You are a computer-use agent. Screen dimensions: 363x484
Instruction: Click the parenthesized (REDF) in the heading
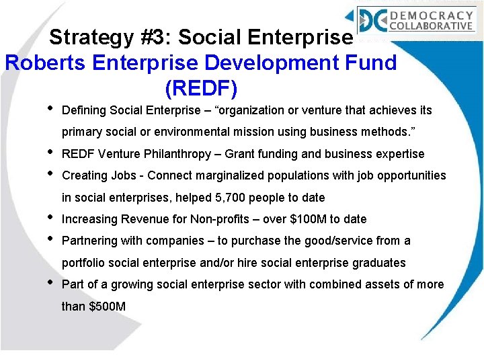(200, 88)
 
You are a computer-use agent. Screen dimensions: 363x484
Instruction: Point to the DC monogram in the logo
(372, 20)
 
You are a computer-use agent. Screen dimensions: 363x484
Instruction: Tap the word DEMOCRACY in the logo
(440, 15)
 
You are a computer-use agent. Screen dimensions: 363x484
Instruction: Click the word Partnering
(87, 241)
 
